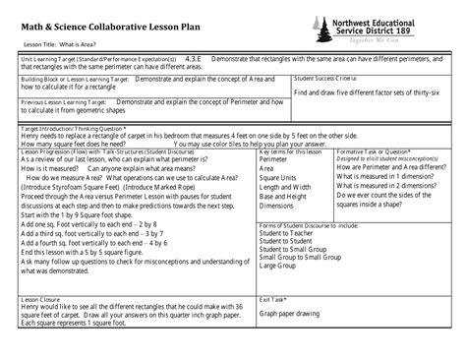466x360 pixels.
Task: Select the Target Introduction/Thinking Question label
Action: [70, 127]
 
